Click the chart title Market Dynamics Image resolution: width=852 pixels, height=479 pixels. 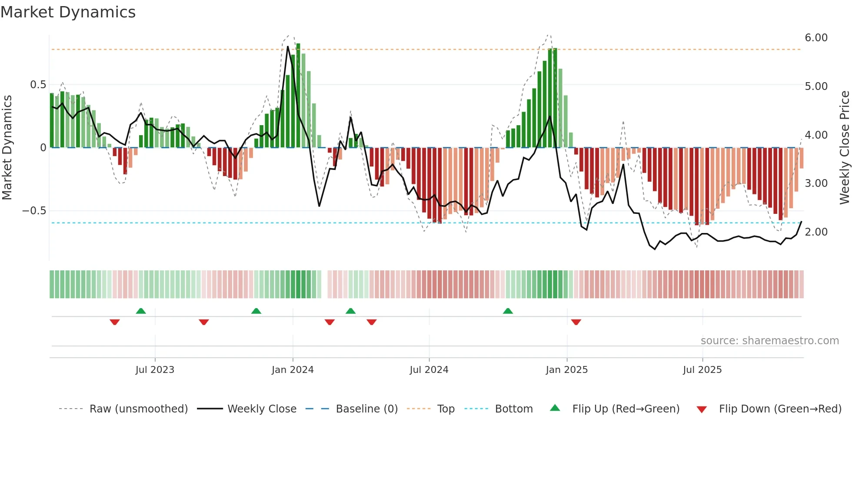click(x=68, y=12)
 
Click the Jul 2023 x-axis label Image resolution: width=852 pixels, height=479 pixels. click(x=155, y=369)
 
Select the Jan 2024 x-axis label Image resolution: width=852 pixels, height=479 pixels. click(x=293, y=369)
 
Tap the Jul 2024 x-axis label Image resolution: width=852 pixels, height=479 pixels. click(x=429, y=369)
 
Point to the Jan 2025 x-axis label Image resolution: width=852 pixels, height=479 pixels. click(x=566, y=369)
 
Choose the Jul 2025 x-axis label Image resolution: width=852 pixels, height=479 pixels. click(x=702, y=369)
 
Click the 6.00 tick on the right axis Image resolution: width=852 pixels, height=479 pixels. click(x=816, y=38)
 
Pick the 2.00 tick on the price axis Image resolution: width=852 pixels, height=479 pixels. click(x=816, y=232)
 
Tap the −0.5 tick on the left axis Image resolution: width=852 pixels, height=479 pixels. click(x=34, y=211)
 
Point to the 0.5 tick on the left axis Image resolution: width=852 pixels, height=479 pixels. click(x=38, y=85)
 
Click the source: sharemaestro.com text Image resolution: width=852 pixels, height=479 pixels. click(x=769, y=341)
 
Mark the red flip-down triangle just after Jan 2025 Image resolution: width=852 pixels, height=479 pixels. click(x=576, y=322)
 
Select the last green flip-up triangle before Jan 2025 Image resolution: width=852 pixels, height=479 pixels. click(x=508, y=311)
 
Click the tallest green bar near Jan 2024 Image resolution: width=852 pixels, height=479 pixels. click(x=298, y=96)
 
